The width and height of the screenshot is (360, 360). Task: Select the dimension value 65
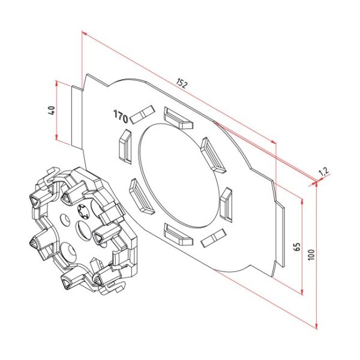pos(296,247)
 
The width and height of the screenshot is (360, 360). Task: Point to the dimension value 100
pos(310,254)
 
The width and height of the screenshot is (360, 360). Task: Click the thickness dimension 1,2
pos(323,173)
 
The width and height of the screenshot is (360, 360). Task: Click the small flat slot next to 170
pos(142,113)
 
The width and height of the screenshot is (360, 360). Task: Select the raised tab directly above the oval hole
pos(178,118)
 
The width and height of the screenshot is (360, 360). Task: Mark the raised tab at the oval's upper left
pos(125,146)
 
